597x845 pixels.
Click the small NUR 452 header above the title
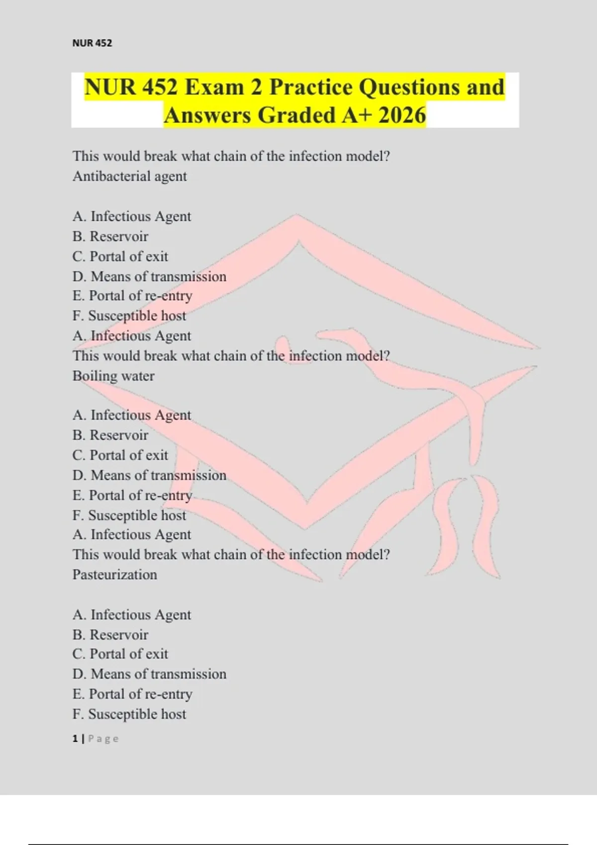92,43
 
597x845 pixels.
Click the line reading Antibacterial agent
130,176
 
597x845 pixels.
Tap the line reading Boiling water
113,376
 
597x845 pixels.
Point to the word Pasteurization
115,575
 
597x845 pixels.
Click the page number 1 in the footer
75,739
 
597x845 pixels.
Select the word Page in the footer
103,739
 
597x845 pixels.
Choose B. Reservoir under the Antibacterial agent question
110,237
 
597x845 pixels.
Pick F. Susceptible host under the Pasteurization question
129,714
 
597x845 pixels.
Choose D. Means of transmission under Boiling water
149,475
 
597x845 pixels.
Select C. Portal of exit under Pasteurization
120,654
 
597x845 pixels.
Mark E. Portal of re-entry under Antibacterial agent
132,296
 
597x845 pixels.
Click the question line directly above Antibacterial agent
231,156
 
